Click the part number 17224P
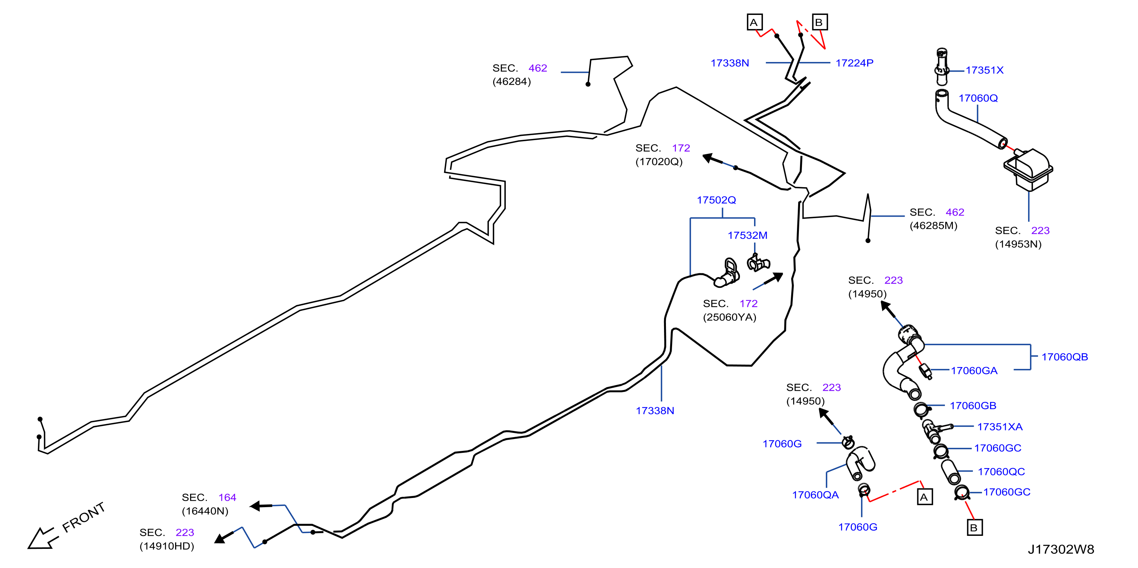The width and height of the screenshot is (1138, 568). point(854,63)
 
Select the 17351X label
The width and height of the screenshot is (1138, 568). point(984,70)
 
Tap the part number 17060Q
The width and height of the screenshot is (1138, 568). point(978,98)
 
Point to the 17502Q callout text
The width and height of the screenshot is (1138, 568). point(716,200)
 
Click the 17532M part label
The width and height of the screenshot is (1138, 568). point(748,235)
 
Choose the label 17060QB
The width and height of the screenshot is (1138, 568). point(1065,357)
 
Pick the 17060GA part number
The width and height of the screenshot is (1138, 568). point(974,371)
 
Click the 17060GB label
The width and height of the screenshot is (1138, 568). point(973,406)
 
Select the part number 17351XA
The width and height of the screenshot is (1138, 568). point(1000,427)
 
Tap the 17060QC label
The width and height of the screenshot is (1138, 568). point(1001,472)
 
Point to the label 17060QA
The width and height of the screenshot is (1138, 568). point(815,495)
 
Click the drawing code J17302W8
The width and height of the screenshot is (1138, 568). point(1061,550)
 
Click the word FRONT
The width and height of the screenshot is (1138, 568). point(84,517)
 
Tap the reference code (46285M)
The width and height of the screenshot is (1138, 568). point(933,225)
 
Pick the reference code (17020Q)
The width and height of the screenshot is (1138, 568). point(659,162)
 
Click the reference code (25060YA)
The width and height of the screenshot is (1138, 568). point(730,317)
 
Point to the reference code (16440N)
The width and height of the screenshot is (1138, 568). point(205,511)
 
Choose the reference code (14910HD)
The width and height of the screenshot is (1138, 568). point(167,546)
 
